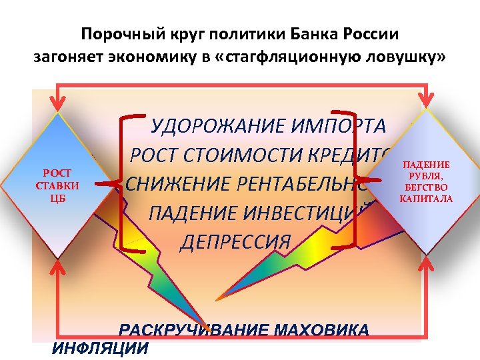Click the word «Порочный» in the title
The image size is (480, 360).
pyautogui.click(x=111, y=33)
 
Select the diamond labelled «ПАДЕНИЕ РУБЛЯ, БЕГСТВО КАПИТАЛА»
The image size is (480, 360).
pyautogui.click(x=425, y=181)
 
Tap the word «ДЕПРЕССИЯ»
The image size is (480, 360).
pyautogui.click(x=235, y=241)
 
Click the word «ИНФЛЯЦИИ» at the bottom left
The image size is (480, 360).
pyautogui.click(x=100, y=348)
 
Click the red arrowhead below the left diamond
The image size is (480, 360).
pyautogui.click(x=58, y=267)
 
